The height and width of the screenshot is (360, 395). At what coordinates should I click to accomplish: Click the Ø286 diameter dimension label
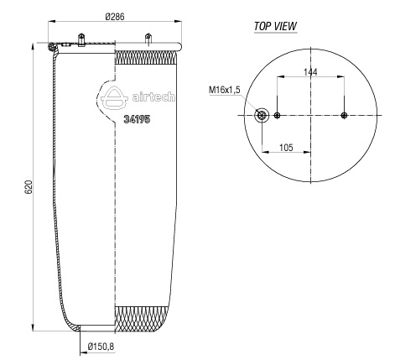115,17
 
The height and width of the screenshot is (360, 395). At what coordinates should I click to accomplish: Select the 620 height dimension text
29,187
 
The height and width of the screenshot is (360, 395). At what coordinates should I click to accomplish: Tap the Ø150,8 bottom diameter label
101,347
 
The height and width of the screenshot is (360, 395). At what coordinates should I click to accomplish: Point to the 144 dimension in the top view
310,72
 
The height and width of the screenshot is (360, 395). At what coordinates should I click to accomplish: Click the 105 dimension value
286,148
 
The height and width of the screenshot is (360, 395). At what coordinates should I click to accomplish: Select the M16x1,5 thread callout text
225,90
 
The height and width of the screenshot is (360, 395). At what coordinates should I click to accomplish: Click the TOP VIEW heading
275,26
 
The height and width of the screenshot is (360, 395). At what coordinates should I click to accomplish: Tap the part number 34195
137,119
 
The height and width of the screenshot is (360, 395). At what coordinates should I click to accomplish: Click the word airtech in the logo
153,97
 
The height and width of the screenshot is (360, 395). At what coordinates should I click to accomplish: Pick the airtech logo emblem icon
114,97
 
